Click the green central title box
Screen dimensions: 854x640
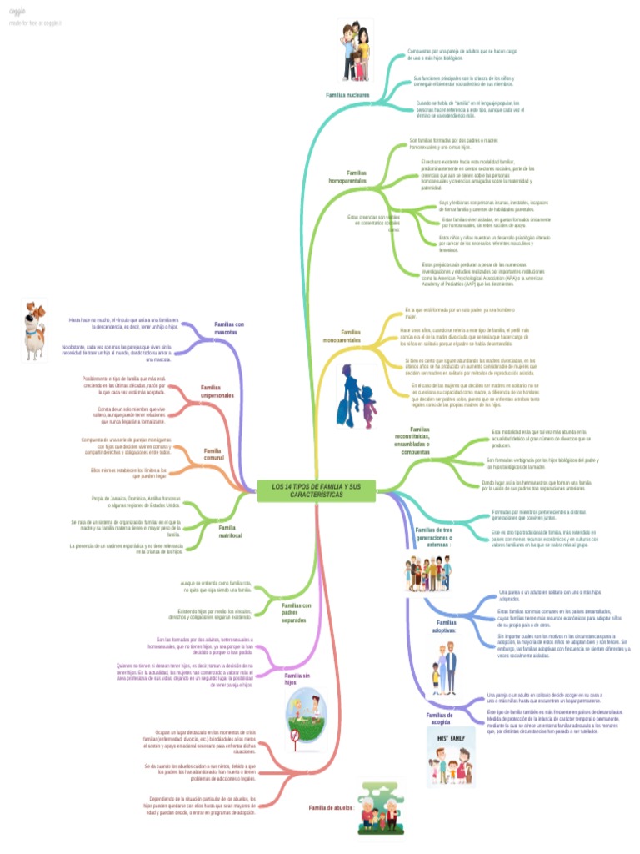pos(317,490)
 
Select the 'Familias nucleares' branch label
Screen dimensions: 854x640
pos(347,95)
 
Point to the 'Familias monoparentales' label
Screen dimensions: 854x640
pos(342,336)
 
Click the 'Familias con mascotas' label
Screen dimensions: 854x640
pos(229,328)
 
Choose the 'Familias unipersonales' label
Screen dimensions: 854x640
pos(217,391)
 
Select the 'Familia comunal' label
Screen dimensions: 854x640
pos(214,455)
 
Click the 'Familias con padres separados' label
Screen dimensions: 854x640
pos(297,613)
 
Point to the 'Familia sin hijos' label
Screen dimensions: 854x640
pos(297,678)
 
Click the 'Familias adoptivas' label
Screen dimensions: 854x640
pos(447,626)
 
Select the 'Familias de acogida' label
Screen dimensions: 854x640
pos(439,718)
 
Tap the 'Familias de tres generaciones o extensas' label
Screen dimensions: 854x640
pos(432,537)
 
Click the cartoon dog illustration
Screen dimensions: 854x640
pos(34,330)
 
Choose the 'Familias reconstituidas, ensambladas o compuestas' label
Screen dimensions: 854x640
pos(415,440)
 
